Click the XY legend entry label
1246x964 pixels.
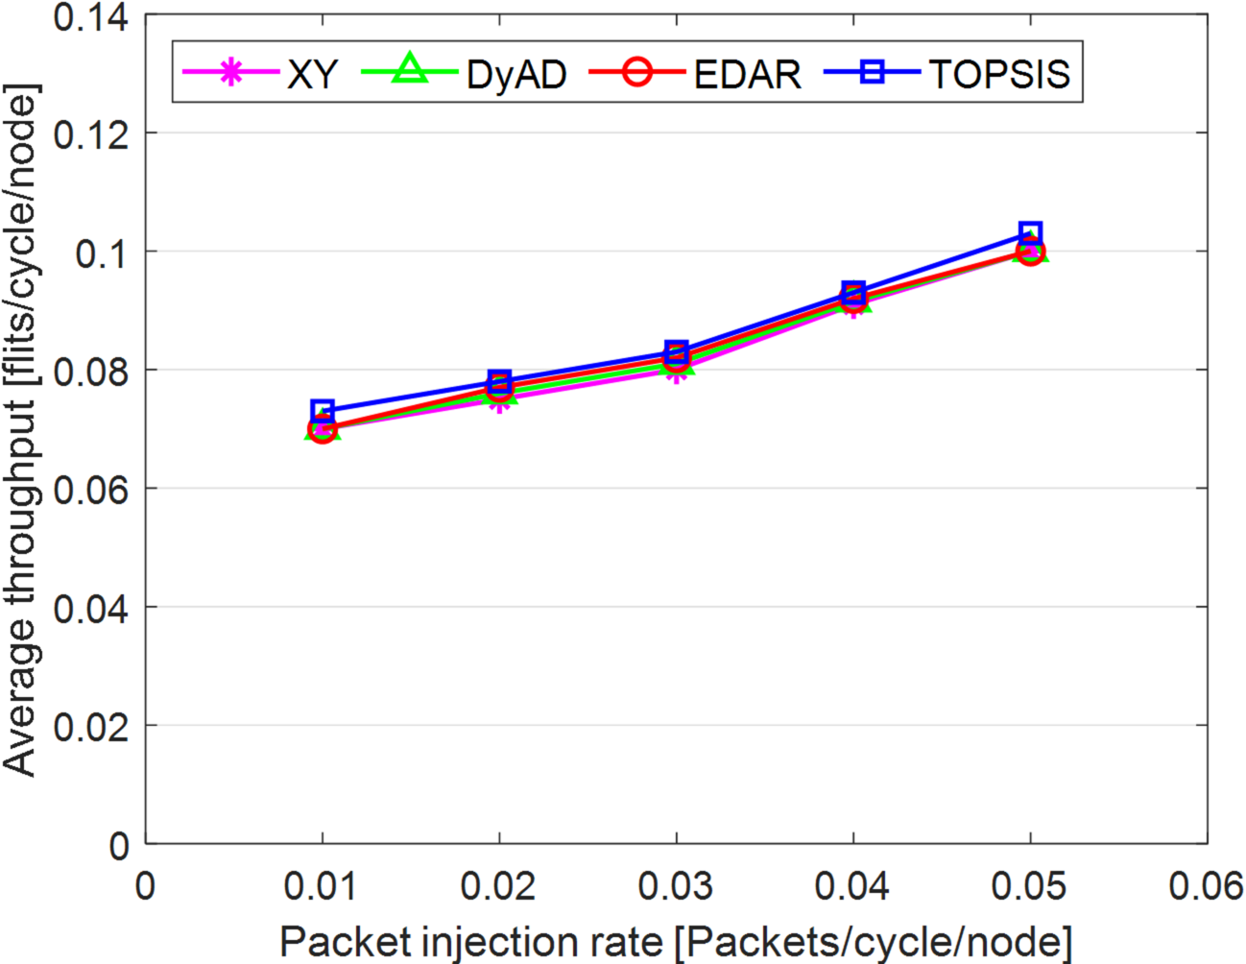[312, 74]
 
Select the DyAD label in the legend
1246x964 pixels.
[516, 74]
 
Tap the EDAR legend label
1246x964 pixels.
[747, 74]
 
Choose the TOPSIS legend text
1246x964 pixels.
[999, 74]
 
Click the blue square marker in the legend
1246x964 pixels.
[872, 72]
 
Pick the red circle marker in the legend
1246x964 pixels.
[636, 72]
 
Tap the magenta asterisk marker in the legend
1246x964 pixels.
[230, 73]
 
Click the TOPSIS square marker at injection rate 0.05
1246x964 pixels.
[1030, 233]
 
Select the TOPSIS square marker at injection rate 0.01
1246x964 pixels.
[323, 412]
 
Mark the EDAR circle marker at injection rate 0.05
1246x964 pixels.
[1030, 252]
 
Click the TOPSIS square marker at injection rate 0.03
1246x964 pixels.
[677, 351]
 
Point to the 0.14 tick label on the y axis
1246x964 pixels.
[91, 17]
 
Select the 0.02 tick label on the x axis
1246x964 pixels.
[498, 886]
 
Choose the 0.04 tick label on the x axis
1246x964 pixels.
[852, 886]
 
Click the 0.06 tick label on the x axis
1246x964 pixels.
[1206, 886]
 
